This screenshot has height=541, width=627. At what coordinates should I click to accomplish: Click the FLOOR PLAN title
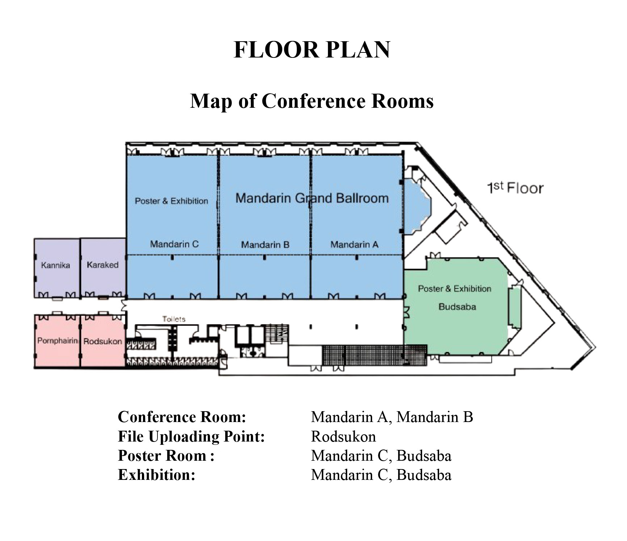[x=312, y=50]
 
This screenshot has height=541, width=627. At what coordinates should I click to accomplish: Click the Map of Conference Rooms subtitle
[x=312, y=101]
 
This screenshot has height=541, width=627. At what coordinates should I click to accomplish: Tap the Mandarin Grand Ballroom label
[x=312, y=198]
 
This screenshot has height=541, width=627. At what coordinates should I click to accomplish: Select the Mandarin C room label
[x=174, y=244]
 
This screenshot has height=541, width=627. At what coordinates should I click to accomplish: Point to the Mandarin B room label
[x=265, y=245]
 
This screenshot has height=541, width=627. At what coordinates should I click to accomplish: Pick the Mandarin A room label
[x=354, y=245]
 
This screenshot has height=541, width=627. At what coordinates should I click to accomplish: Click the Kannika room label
[x=55, y=265]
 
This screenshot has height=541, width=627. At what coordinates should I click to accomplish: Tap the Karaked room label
[x=102, y=265]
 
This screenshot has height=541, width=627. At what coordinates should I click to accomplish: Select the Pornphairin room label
[x=58, y=341]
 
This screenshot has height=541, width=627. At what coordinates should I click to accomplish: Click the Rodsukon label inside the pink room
[x=103, y=341]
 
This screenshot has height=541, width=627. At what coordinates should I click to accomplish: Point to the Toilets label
[x=174, y=319]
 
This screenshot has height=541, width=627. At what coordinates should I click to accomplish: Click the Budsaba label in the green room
[x=457, y=307]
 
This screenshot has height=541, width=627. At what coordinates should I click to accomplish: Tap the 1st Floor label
[x=515, y=188]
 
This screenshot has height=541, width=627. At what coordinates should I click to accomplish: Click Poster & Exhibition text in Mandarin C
[x=172, y=201]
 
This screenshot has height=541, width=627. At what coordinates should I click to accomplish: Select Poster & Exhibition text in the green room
[x=455, y=289]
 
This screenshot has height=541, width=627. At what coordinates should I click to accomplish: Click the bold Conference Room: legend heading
[x=182, y=417]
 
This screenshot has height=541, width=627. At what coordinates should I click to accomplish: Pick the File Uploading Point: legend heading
[x=192, y=436]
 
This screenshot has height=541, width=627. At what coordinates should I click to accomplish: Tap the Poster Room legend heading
[x=166, y=456]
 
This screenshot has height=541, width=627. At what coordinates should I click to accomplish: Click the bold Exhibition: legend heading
[x=157, y=475]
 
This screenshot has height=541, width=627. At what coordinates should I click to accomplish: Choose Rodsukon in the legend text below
[x=344, y=436]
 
